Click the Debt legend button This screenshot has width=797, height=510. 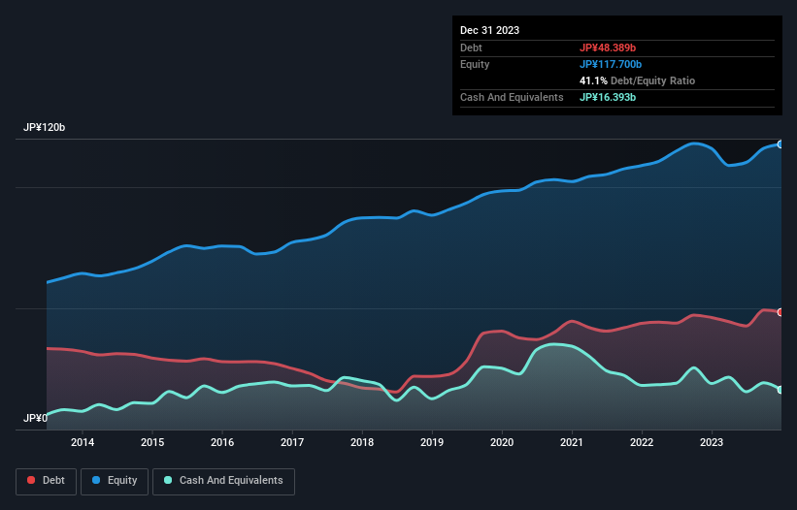[x=45, y=480]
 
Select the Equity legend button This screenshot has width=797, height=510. [x=114, y=480]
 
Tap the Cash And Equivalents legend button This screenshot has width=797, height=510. [x=222, y=480]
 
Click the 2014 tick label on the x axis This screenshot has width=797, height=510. [x=83, y=443]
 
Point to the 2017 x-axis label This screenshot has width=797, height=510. [x=292, y=443]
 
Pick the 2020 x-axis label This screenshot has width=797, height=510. [x=502, y=443]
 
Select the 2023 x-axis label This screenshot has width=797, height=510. [x=712, y=443]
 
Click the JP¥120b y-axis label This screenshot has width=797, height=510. [x=45, y=128]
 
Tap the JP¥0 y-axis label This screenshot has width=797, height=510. [x=35, y=419]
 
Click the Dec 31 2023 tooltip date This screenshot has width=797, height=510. [x=489, y=30]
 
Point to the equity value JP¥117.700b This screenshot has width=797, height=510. [x=614, y=64]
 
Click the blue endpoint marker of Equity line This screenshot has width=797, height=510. [x=780, y=143]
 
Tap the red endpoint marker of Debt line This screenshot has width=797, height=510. [x=780, y=312]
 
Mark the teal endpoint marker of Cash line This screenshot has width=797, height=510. [x=780, y=390]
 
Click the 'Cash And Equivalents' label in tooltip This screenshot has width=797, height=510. [x=512, y=97]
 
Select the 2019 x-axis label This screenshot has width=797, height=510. [x=432, y=443]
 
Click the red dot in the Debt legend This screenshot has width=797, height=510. [x=31, y=480]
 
